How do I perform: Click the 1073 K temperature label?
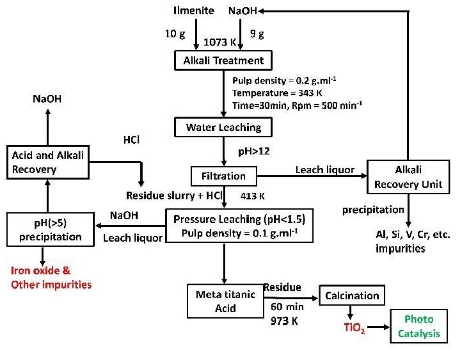pyautogui.click(x=220, y=43)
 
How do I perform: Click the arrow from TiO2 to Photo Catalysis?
pyautogui.click(x=378, y=328)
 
